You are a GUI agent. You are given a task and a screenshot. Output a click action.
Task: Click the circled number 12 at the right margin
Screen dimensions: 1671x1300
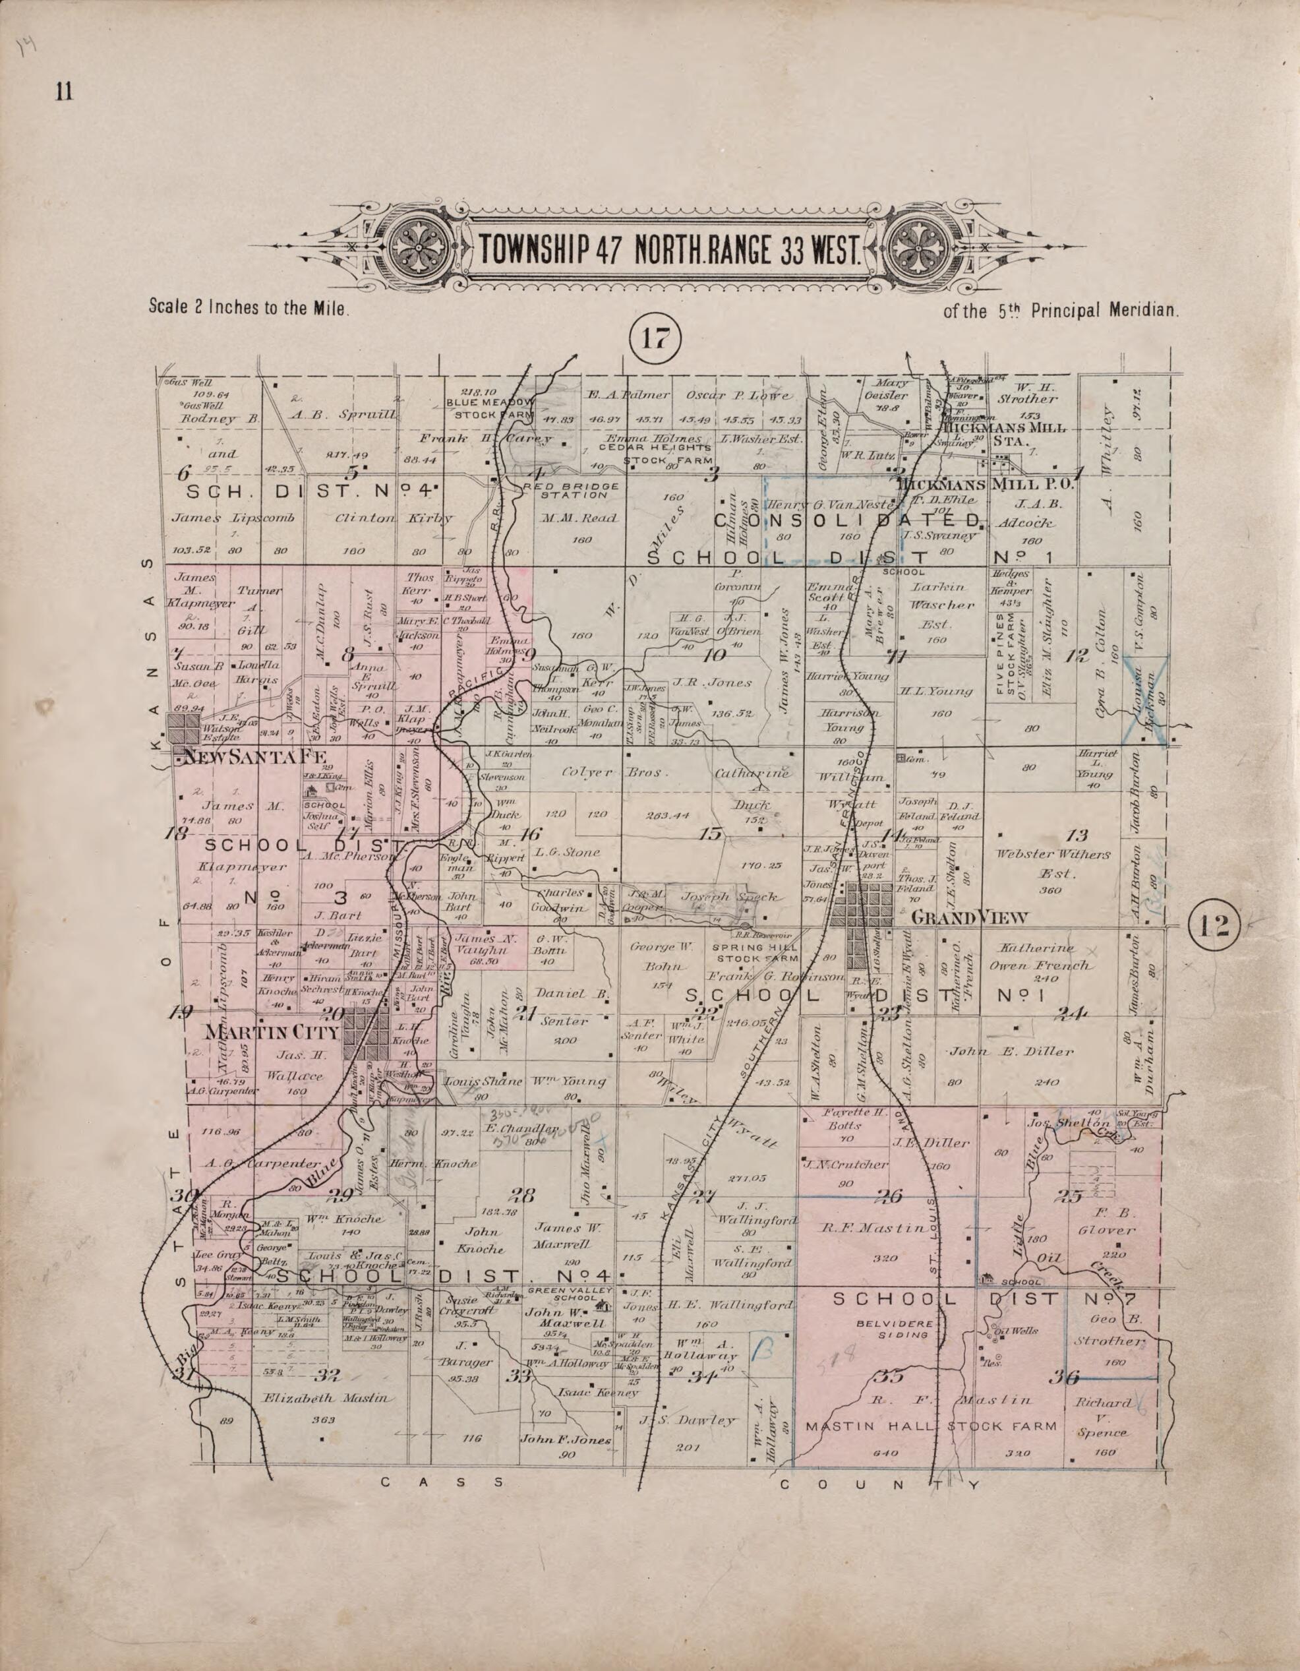[1214, 928]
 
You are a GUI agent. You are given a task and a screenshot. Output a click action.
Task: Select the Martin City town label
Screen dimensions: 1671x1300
[272, 1032]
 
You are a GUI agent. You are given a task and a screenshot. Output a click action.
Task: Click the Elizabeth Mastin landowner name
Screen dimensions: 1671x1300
[329, 1398]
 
